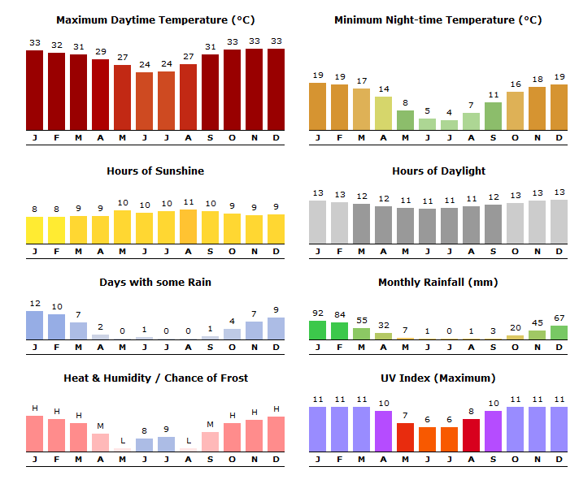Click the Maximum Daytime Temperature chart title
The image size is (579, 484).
[x=155, y=20]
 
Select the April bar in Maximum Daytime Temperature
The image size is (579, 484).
[x=101, y=95]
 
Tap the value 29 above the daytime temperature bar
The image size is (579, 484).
[x=101, y=52]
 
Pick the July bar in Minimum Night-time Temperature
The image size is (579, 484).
[x=449, y=125]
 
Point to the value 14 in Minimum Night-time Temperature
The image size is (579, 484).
[x=384, y=89]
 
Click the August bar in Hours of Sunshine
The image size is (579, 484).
[x=189, y=227]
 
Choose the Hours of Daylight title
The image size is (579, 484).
[x=438, y=171]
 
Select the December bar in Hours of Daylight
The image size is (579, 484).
[x=559, y=222]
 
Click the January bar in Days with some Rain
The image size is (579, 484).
[x=34, y=325]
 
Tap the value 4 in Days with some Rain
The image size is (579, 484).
[x=232, y=321]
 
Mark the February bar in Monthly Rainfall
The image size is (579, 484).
[x=339, y=331]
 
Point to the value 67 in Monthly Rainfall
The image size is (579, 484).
[x=559, y=318]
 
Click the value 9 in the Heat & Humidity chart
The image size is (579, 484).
[x=166, y=430]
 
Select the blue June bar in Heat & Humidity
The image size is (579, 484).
[x=145, y=445]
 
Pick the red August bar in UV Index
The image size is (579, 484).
[x=471, y=435]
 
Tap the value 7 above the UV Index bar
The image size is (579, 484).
[x=405, y=416]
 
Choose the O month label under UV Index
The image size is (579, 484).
[x=515, y=460]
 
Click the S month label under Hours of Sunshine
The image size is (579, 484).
[x=210, y=252]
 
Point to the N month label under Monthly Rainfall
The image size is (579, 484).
[x=538, y=348]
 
